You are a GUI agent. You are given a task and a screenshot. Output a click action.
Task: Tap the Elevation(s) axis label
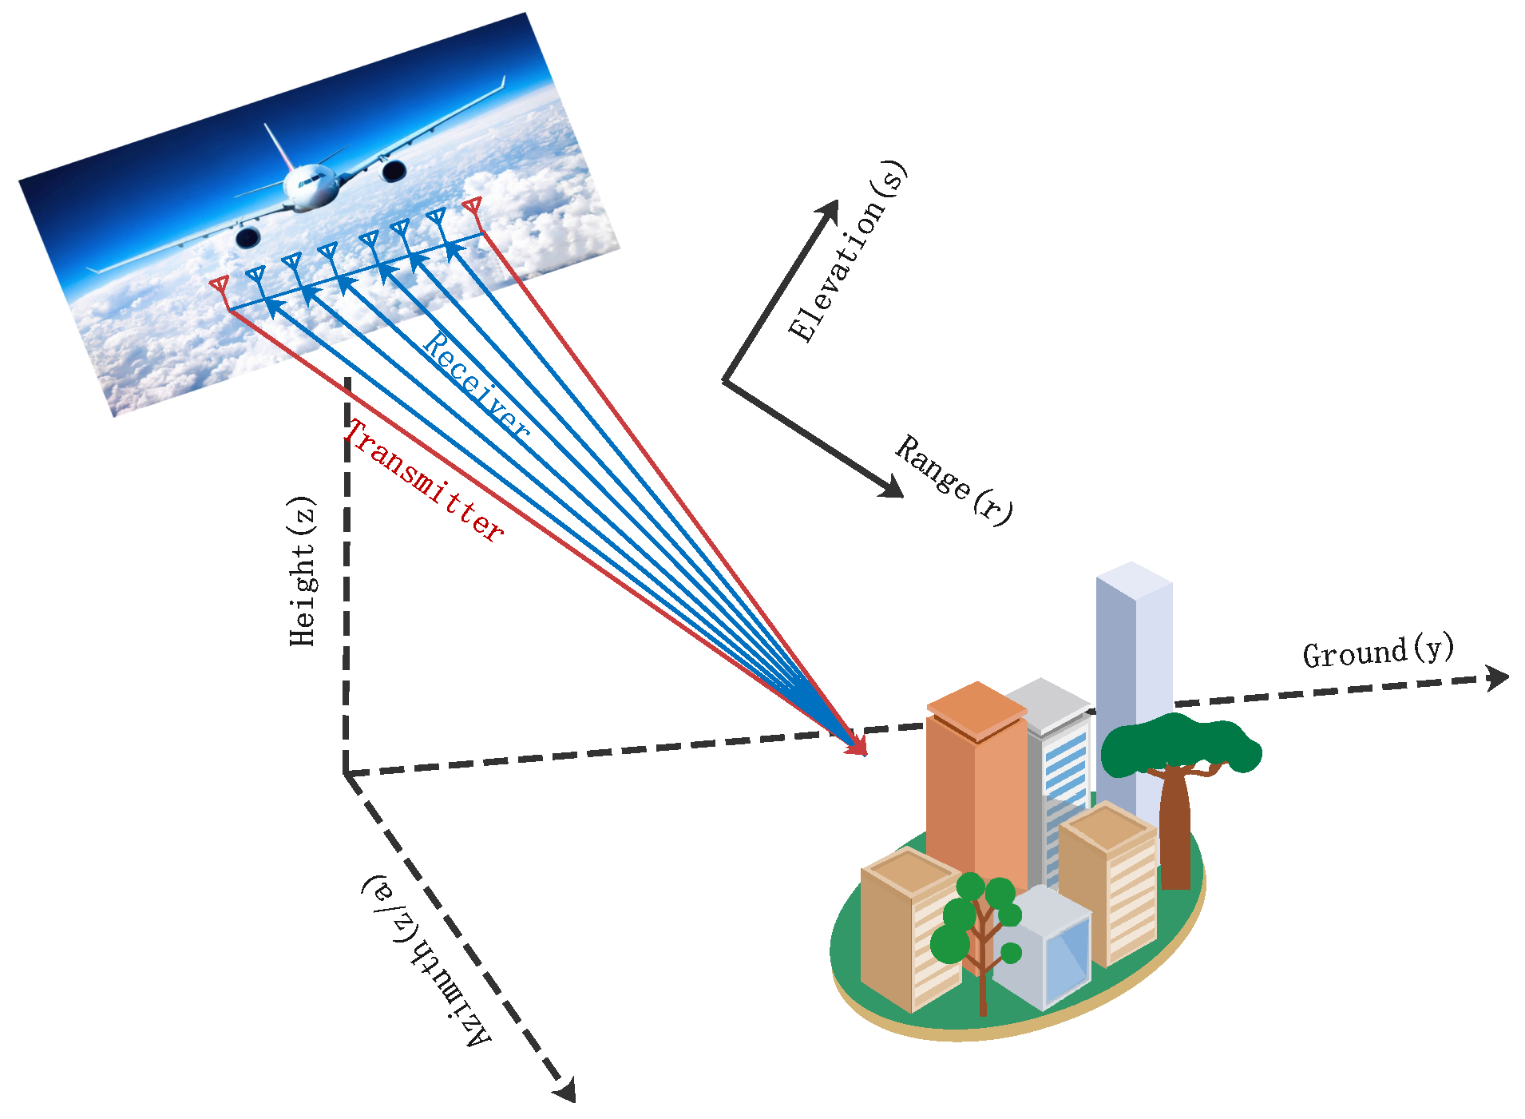[847, 252]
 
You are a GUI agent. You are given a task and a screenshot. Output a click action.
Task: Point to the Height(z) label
[303, 572]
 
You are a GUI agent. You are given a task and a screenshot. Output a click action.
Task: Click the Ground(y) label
[1377, 651]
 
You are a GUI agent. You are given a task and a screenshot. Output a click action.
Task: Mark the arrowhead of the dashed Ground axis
[1499, 677]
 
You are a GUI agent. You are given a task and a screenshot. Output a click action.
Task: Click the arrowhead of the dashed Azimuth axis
[567, 1091]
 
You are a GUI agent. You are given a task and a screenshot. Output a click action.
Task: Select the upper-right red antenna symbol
[473, 206]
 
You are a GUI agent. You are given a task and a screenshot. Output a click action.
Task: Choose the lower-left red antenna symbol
[220, 285]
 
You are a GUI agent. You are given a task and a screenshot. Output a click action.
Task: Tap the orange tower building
[976, 783]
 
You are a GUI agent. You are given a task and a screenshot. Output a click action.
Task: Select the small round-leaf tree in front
[979, 919]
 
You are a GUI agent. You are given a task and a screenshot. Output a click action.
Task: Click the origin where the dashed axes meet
[346, 773]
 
